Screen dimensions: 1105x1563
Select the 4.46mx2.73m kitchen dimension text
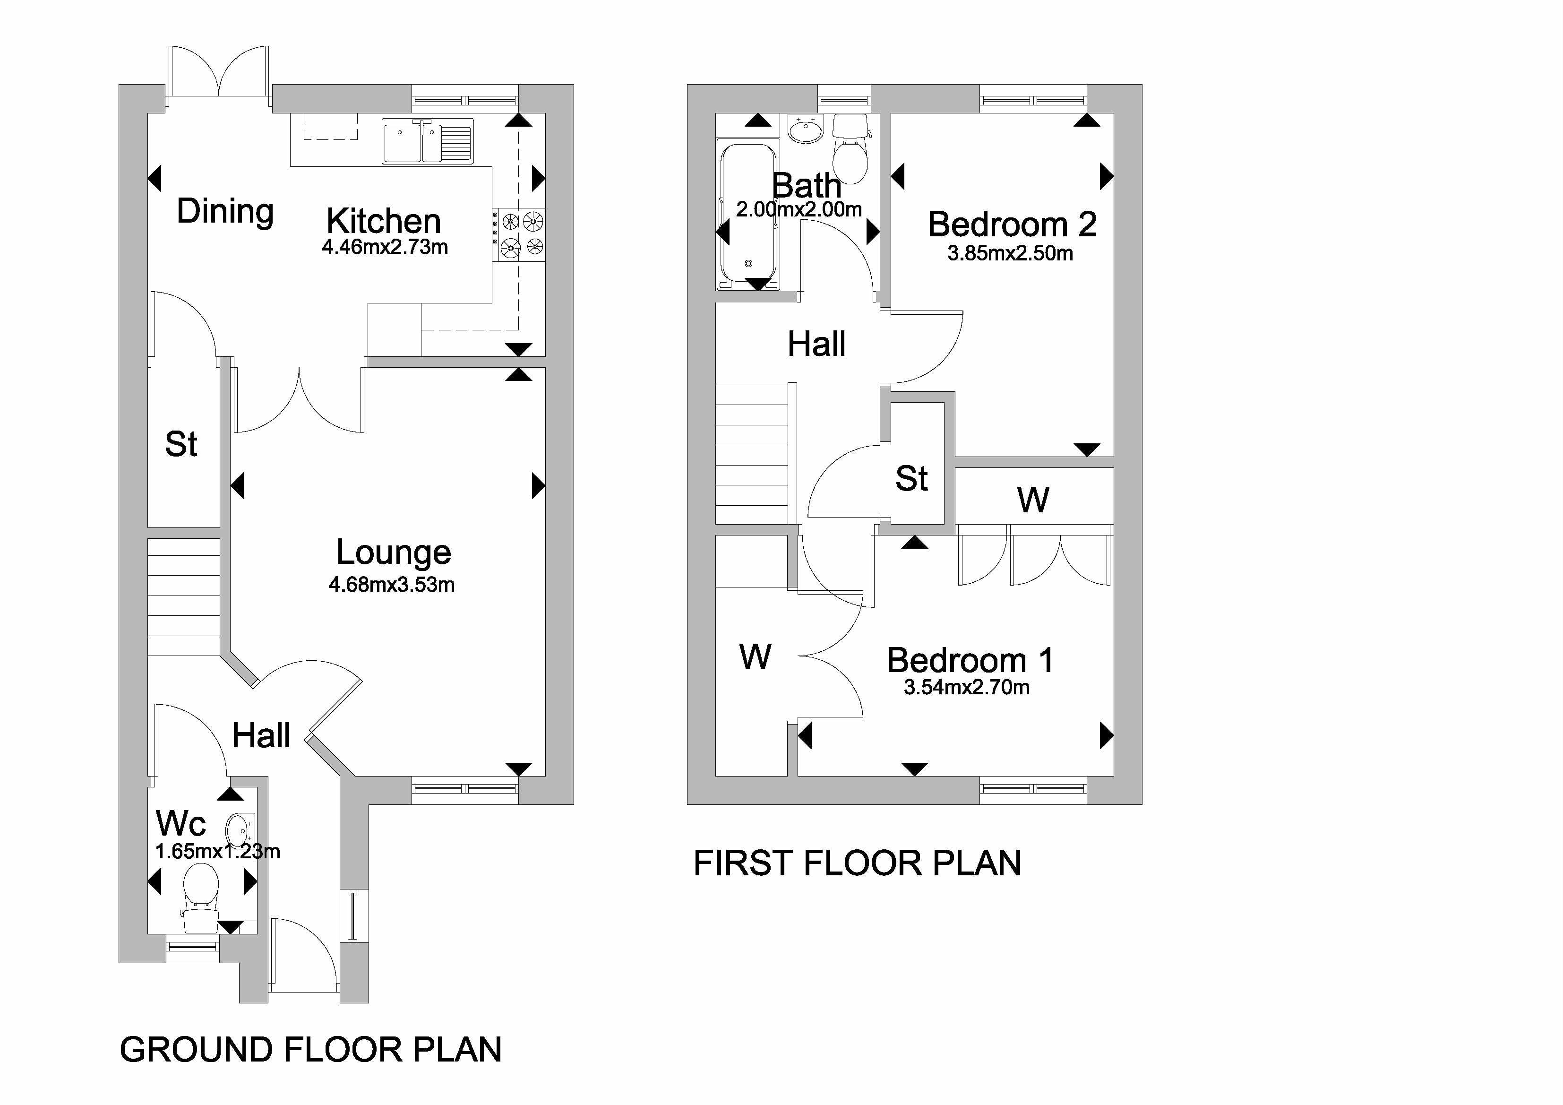pos(385,247)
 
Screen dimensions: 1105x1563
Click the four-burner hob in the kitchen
pos(519,233)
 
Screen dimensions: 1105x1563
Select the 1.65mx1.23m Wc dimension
pos(217,852)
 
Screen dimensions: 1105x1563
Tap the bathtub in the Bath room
pos(747,215)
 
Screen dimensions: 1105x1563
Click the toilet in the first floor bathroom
pos(850,153)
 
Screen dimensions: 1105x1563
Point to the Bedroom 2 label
pos(1012,224)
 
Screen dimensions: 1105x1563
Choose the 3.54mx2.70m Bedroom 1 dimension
pos(966,688)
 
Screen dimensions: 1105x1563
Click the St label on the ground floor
pos(181,445)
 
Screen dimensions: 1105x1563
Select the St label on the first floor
pos(911,479)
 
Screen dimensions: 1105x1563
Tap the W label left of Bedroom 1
pos(755,657)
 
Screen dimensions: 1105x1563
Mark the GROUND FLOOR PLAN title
pos(310,1050)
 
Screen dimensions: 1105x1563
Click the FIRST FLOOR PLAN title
pos(857,863)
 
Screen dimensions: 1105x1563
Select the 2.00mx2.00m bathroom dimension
pos(799,210)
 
